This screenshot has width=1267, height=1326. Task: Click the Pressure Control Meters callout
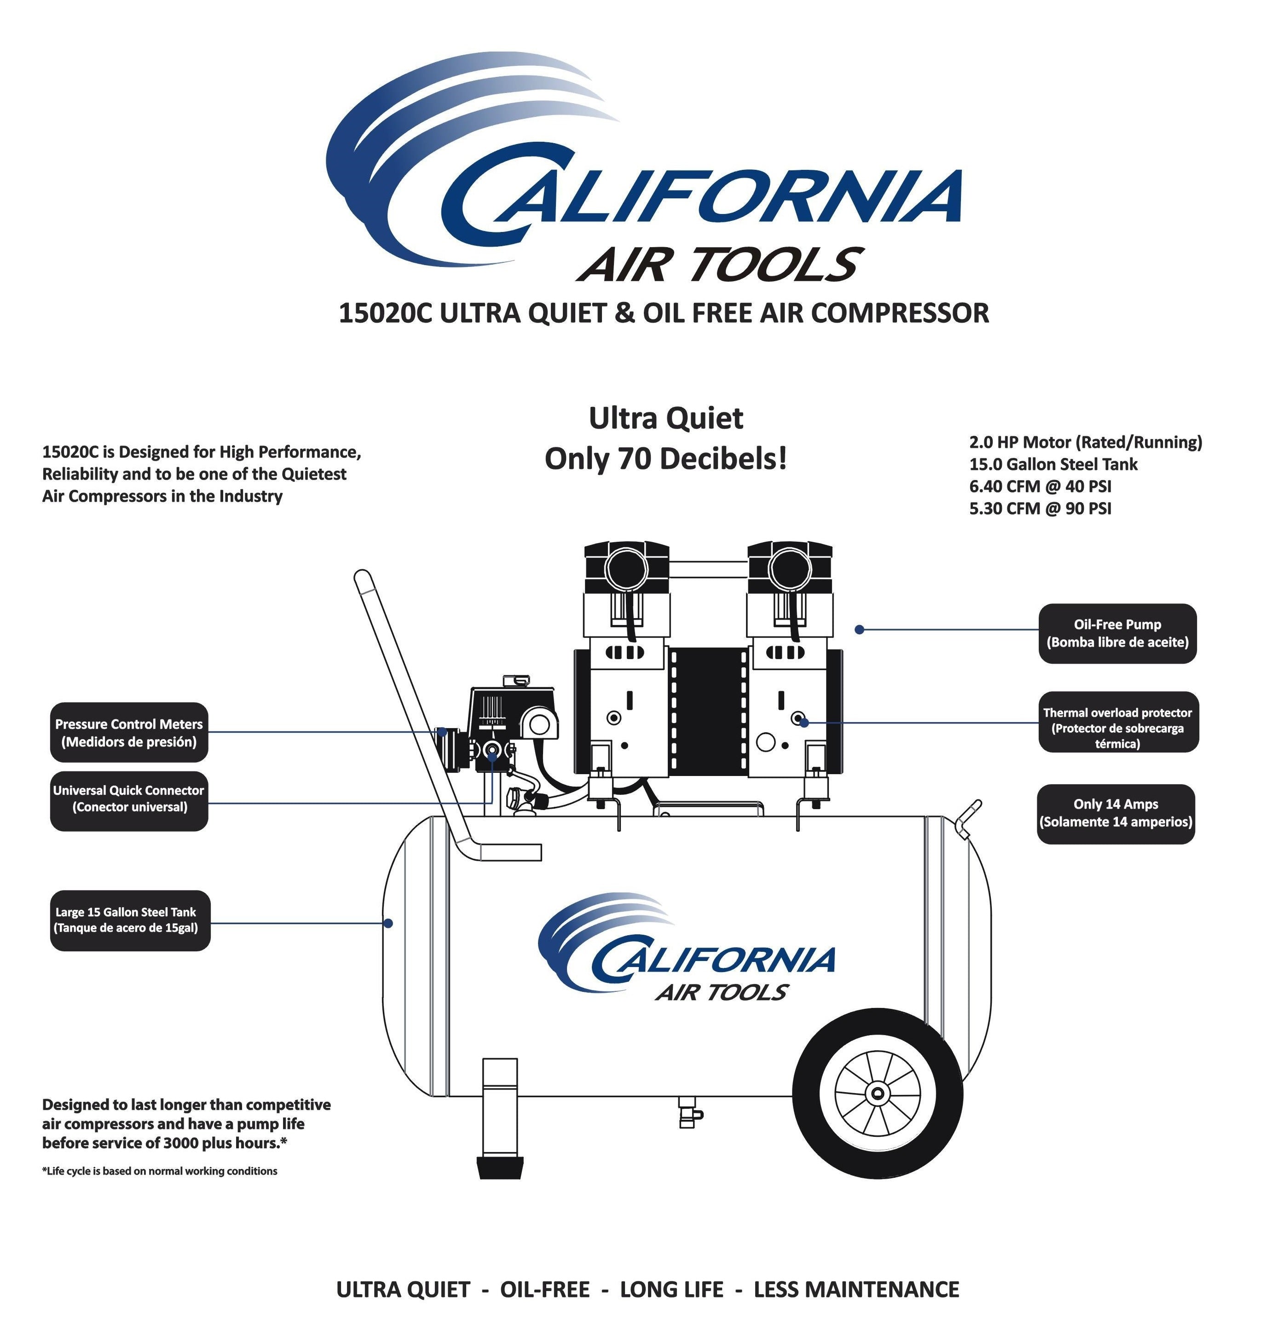coord(128,732)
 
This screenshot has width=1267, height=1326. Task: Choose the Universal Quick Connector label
coord(128,799)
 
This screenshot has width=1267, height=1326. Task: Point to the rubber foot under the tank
coord(500,1167)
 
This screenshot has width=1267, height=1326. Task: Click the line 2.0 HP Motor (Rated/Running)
coord(1085,442)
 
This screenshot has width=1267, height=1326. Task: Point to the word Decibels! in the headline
coord(723,459)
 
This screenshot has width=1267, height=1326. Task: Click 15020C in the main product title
coord(385,313)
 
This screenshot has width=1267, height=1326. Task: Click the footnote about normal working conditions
coord(159,1170)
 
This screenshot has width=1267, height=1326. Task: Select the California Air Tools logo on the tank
coord(689,949)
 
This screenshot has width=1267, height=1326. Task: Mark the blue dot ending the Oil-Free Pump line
coord(859,629)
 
